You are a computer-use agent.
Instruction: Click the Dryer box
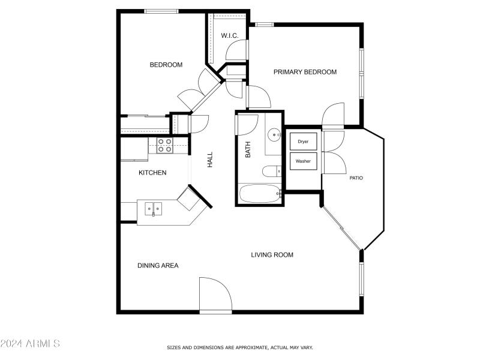click(x=303, y=142)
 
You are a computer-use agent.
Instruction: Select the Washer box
click(x=303, y=161)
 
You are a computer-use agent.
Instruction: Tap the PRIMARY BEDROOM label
click(x=305, y=72)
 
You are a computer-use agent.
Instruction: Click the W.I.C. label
click(x=230, y=36)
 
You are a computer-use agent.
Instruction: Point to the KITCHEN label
click(x=152, y=173)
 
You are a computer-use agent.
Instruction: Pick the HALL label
click(x=210, y=159)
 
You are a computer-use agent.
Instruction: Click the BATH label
click(x=248, y=150)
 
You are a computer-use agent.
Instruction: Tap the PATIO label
click(x=356, y=178)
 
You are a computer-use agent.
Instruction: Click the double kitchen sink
click(x=154, y=209)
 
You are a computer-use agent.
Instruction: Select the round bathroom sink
click(x=275, y=135)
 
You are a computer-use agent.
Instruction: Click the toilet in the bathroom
click(x=271, y=172)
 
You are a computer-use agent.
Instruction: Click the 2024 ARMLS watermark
click(x=30, y=344)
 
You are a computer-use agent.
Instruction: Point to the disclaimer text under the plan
click(x=239, y=347)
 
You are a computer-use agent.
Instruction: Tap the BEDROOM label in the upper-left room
click(x=166, y=65)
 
